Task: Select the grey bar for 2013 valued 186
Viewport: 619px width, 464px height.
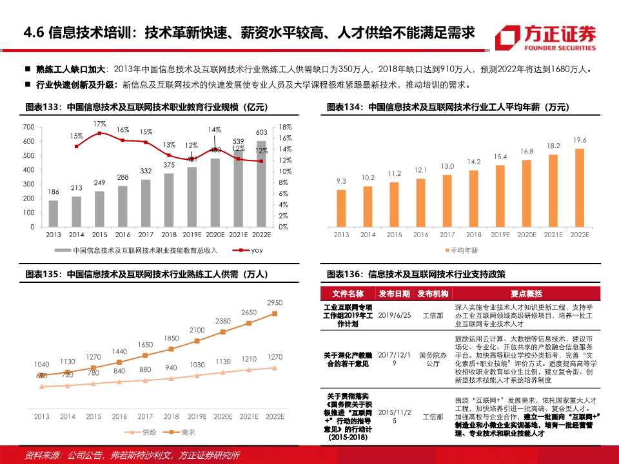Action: [x=54, y=213]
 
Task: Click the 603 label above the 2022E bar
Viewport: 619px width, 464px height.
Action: [x=262, y=132]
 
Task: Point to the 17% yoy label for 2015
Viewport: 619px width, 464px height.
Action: [x=99, y=124]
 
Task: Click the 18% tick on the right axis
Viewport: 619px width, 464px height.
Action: [x=285, y=127]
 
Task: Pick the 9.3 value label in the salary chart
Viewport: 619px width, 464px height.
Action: [x=342, y=182]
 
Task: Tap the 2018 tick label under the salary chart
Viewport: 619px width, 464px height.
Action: [x=474, y=235]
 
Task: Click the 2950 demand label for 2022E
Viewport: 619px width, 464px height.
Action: [x=275, y=302]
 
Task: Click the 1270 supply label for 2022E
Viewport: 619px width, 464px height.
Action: [x=275, y=356]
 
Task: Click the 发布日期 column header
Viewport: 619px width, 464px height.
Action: [x=394, y=294]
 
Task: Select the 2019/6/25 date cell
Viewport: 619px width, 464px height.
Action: [x=394, y=315]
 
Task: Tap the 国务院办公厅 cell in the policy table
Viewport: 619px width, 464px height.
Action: [x=433, y=359]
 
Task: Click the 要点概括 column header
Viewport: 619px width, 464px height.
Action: [x=526, y=294]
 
